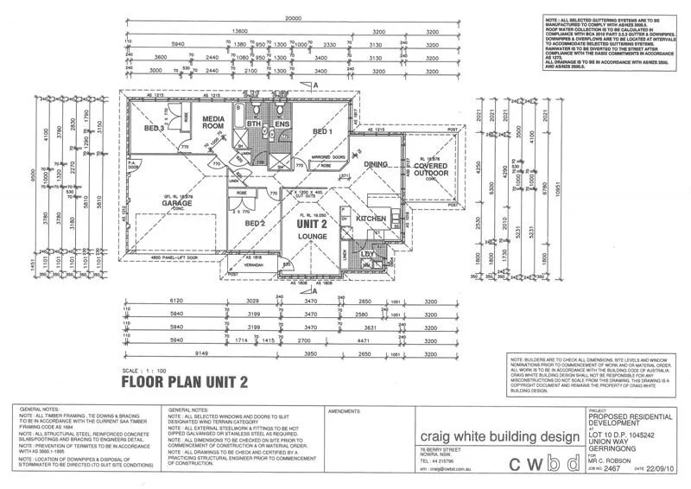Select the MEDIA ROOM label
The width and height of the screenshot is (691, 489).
click(213, 124)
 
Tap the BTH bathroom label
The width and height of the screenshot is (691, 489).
click(255, 124)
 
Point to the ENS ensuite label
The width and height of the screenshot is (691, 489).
click(283, 124)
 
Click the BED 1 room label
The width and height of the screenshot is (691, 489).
click(323, 131)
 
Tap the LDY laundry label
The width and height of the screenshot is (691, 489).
click(366, 253)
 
